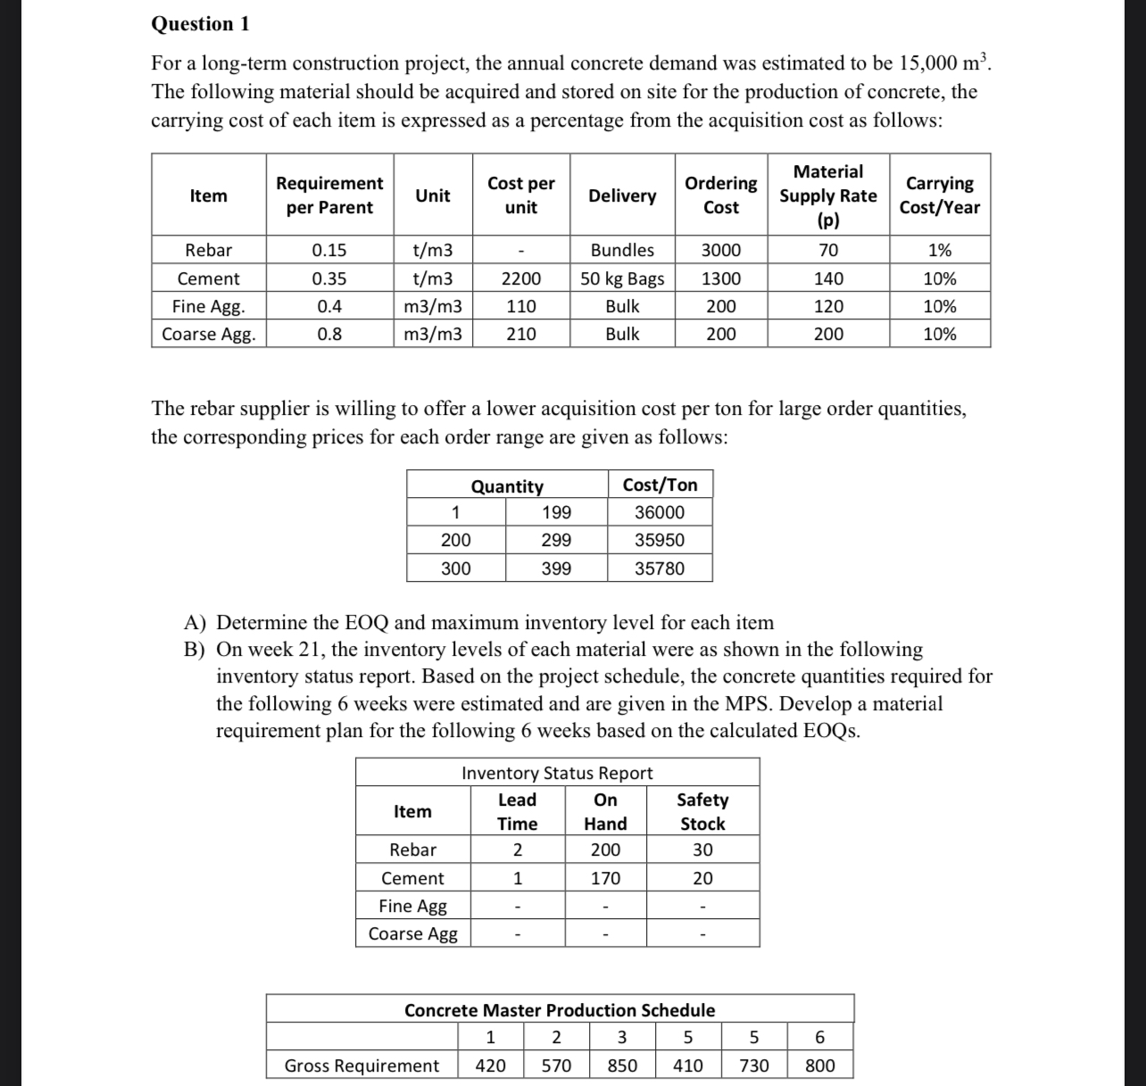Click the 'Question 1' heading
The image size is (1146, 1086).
tap(200, 24)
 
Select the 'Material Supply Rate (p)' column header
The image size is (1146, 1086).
tap(827, 195)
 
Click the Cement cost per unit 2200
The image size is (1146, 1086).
tap(520, 278)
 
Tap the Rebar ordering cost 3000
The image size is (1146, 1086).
tap(720, 251)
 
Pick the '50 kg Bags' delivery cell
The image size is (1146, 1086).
tap(622, 278)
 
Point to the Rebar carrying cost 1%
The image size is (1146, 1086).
tap(939, 251)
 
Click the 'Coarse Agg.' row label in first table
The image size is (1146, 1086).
tap(208, 335)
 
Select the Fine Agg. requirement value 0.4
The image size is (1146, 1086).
tap(329, 307)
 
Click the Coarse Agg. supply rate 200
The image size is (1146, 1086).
tap(827, 335)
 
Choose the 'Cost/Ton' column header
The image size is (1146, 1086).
tap(660, 485)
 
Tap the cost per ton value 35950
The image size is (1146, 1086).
tap(660, 540)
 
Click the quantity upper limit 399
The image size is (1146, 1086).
tap(556, 568)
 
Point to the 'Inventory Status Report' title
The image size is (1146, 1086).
tap(557, 773)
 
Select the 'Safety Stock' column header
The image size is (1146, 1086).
tap(702, 811)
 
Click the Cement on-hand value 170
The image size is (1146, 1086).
tap(605, 878)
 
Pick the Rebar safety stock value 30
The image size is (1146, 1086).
tap(702, 850)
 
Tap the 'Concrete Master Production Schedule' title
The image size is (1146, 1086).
tap(560, 1010)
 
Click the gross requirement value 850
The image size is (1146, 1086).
tap(622, 1065)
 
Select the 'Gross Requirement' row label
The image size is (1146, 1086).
tap(361, 1065)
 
